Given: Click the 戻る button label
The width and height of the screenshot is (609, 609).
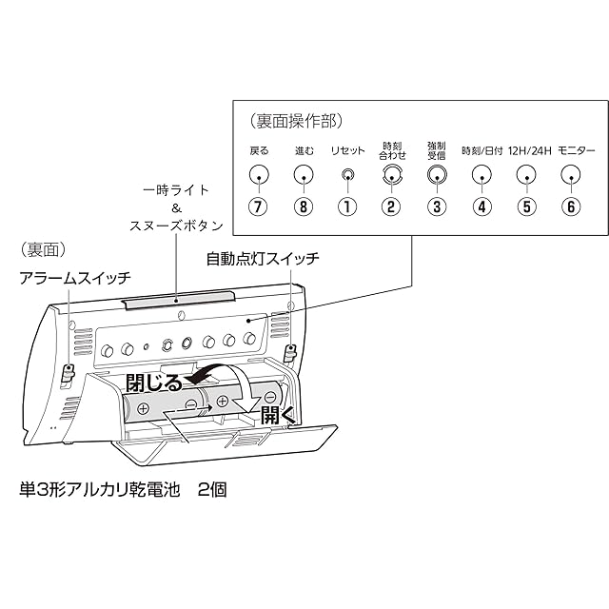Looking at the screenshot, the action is click(x=259, y=150).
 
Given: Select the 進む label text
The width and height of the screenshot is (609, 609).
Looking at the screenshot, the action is click(x=304, y=150).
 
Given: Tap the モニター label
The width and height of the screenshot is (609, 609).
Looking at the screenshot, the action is click(x=574, y=150).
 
